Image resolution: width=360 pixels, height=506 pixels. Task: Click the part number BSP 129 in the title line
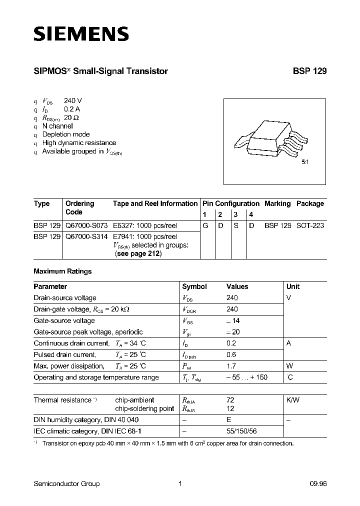coord(309,71)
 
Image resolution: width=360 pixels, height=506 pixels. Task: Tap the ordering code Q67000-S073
coord(87,225)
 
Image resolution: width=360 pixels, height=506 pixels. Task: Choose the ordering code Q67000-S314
coord(87,236)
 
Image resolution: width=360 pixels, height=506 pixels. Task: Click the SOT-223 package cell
coord(310,225)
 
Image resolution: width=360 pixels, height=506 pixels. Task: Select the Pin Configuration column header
coord(230,203)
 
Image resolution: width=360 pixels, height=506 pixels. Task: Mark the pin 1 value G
coord(205,225)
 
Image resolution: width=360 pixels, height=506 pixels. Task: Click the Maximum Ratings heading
coord(62,271)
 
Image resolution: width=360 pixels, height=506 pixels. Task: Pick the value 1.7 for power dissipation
coord(231,366)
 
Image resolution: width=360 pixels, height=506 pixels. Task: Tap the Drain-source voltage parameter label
coord(64,298)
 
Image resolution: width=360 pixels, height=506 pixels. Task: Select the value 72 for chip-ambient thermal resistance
coord(230,400)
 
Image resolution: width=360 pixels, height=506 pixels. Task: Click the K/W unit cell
coord(293,400)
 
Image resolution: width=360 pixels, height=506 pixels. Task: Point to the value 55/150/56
coord(242,431)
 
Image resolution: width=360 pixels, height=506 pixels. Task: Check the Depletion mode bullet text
coord(66,134)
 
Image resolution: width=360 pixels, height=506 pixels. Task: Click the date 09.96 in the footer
coord(318,483)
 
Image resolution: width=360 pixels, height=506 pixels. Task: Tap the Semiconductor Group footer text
coord(66,483)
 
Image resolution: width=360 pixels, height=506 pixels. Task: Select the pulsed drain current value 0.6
coord(231,354)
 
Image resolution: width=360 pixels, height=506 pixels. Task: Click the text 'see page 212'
coord(138,253)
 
